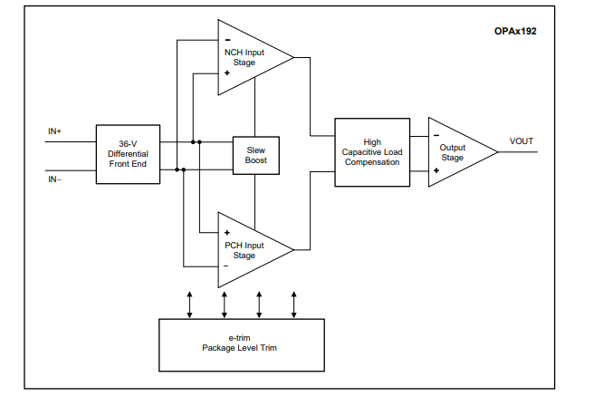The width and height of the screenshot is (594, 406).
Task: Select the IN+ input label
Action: [x=55, y=131]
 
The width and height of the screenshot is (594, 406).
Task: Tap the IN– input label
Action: [x=55, y=179]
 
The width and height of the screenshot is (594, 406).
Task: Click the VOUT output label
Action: [x=522, y=141]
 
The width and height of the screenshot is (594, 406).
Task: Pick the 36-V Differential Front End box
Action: [x=128, y=155]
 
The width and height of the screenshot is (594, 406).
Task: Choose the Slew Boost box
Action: [x=256, y=155]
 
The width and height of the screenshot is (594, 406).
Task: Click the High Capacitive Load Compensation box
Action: [x=372, y=152]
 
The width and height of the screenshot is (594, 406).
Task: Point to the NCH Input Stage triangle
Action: [x=249, y=57]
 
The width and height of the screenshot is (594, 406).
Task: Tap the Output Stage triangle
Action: [x=456, y=152]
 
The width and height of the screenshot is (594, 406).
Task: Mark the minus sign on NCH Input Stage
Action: [x=226, y=38]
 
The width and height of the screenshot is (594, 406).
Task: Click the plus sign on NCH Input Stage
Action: [x=226, y=72]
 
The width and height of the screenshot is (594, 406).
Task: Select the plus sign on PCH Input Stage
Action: [x=226, y=232]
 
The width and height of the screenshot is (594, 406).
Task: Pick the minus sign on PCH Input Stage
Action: [x=226, y=266]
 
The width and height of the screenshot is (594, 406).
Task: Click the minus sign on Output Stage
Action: [x=436, y=136]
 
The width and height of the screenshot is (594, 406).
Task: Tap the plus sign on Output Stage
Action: [x=436, y=169]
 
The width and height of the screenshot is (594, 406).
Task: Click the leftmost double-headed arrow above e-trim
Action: [x=189, y=304]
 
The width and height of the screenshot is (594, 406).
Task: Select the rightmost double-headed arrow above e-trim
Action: [x=294, y=304]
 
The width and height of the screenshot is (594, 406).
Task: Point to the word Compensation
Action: [x=372, y=162]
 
